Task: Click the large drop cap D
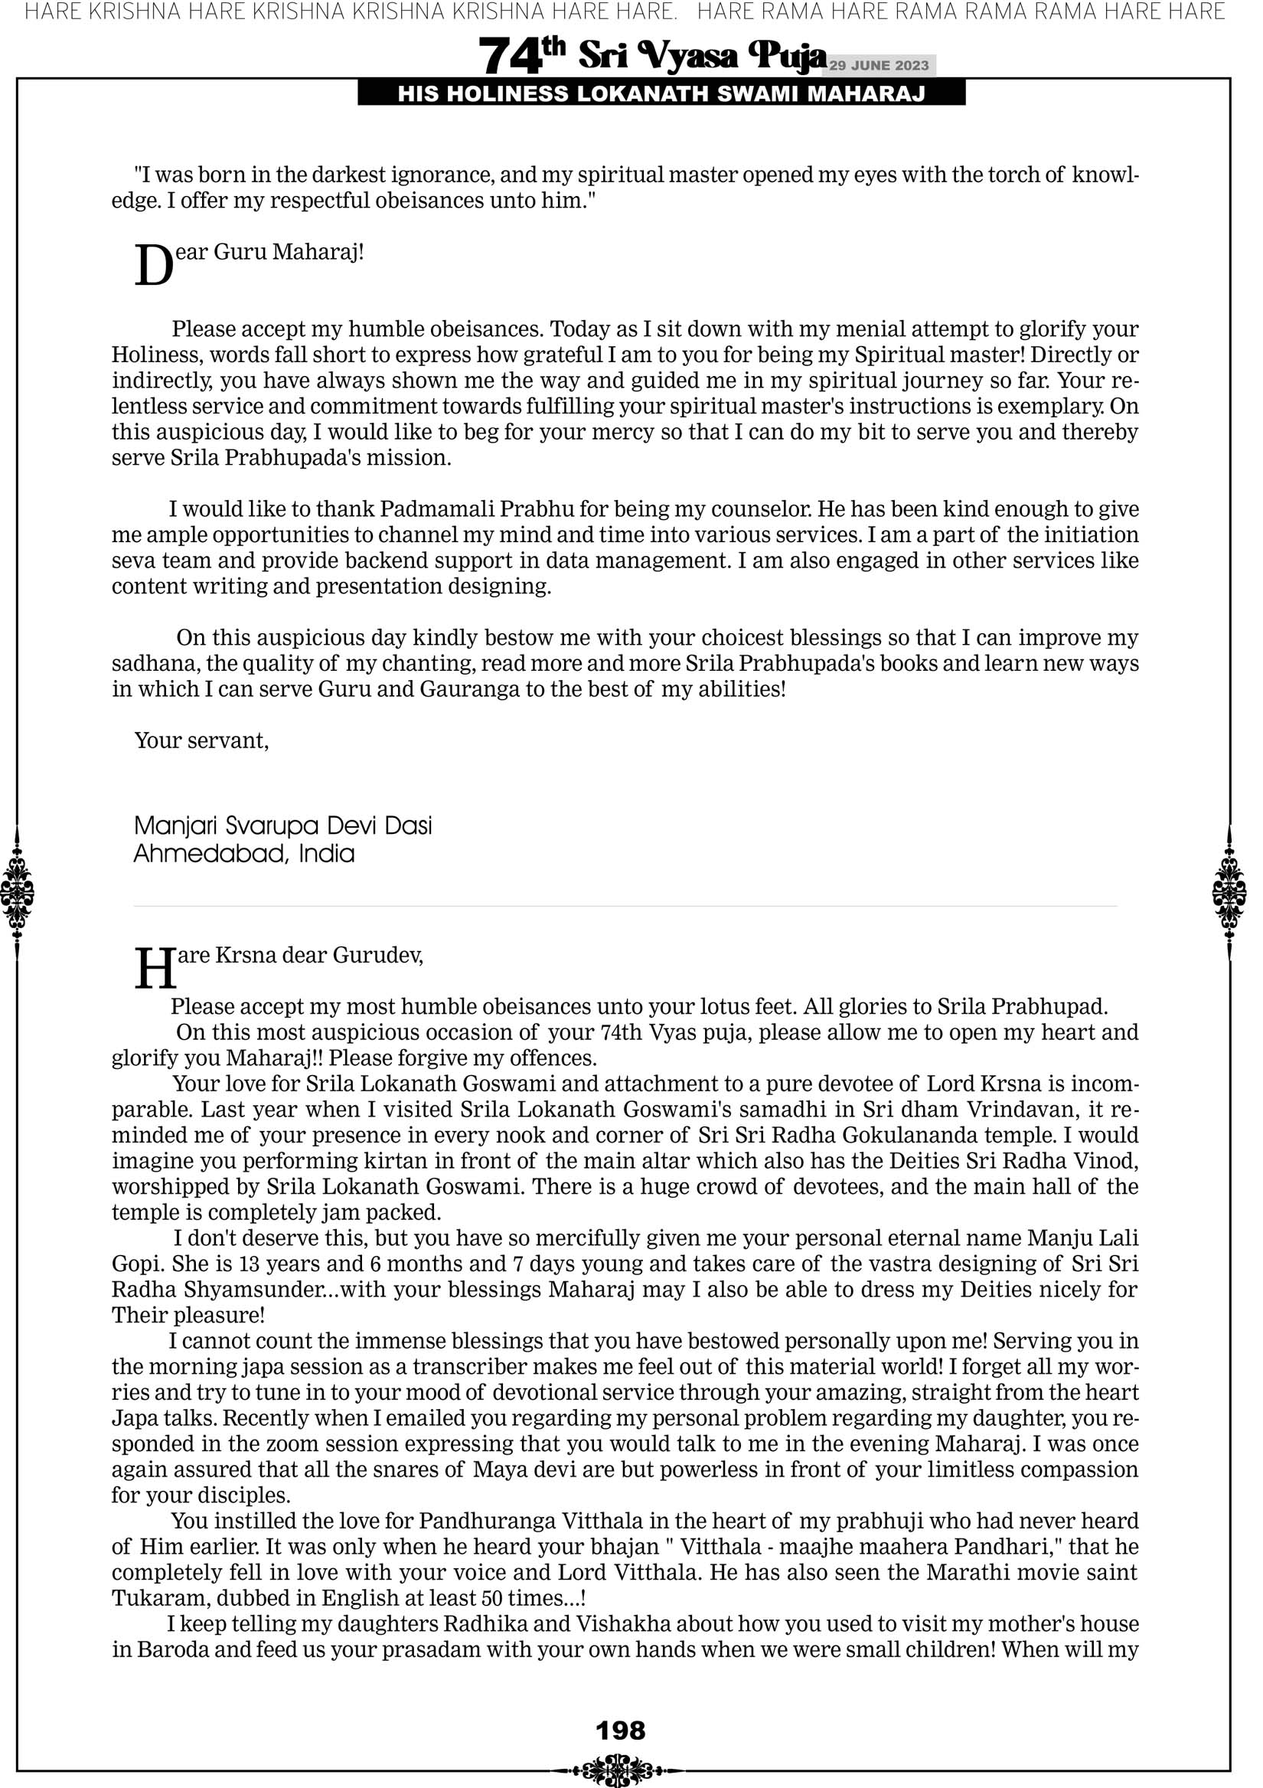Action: coord(152,267)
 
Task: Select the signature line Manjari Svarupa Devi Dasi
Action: coord(282,825)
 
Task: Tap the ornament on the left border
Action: coord(17,892)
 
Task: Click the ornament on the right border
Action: coord(1229,892)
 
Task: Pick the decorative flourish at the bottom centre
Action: coord(620,1770)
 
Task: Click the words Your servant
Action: coord(201,740)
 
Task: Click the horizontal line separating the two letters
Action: coord(625,906)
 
